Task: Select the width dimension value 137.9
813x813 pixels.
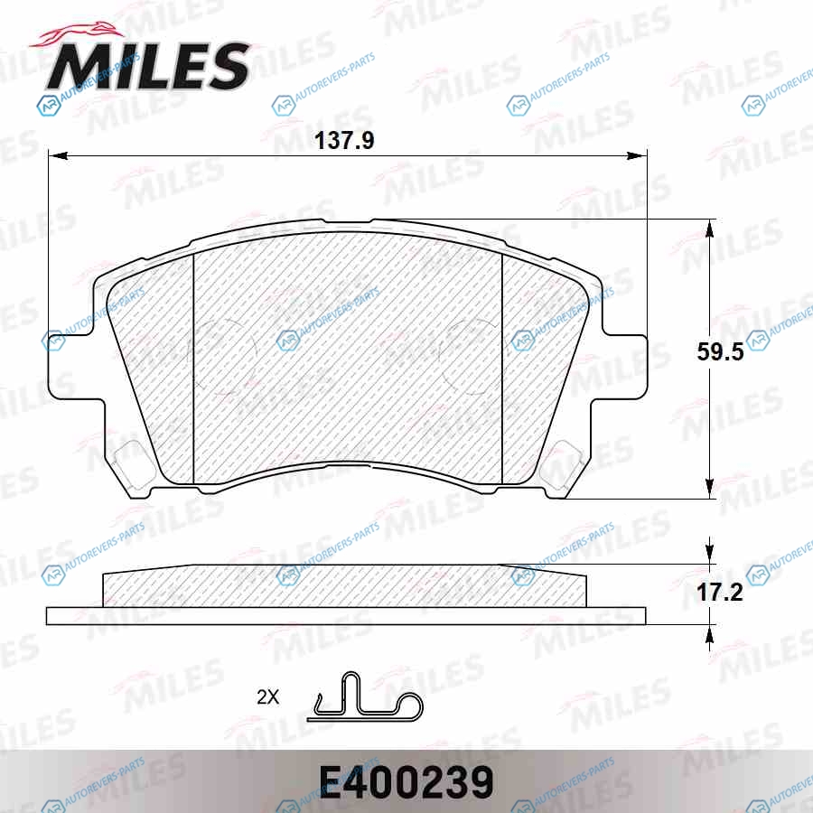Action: [x=344, y=141]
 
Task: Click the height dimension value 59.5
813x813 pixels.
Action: [x=720, y=351]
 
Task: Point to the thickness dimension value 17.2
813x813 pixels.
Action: [x=720, y=592]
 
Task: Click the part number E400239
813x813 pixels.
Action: [x=406, y=782]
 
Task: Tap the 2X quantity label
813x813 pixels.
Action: [x=267, y=696]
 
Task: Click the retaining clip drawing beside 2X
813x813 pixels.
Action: [x=365, y=696]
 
